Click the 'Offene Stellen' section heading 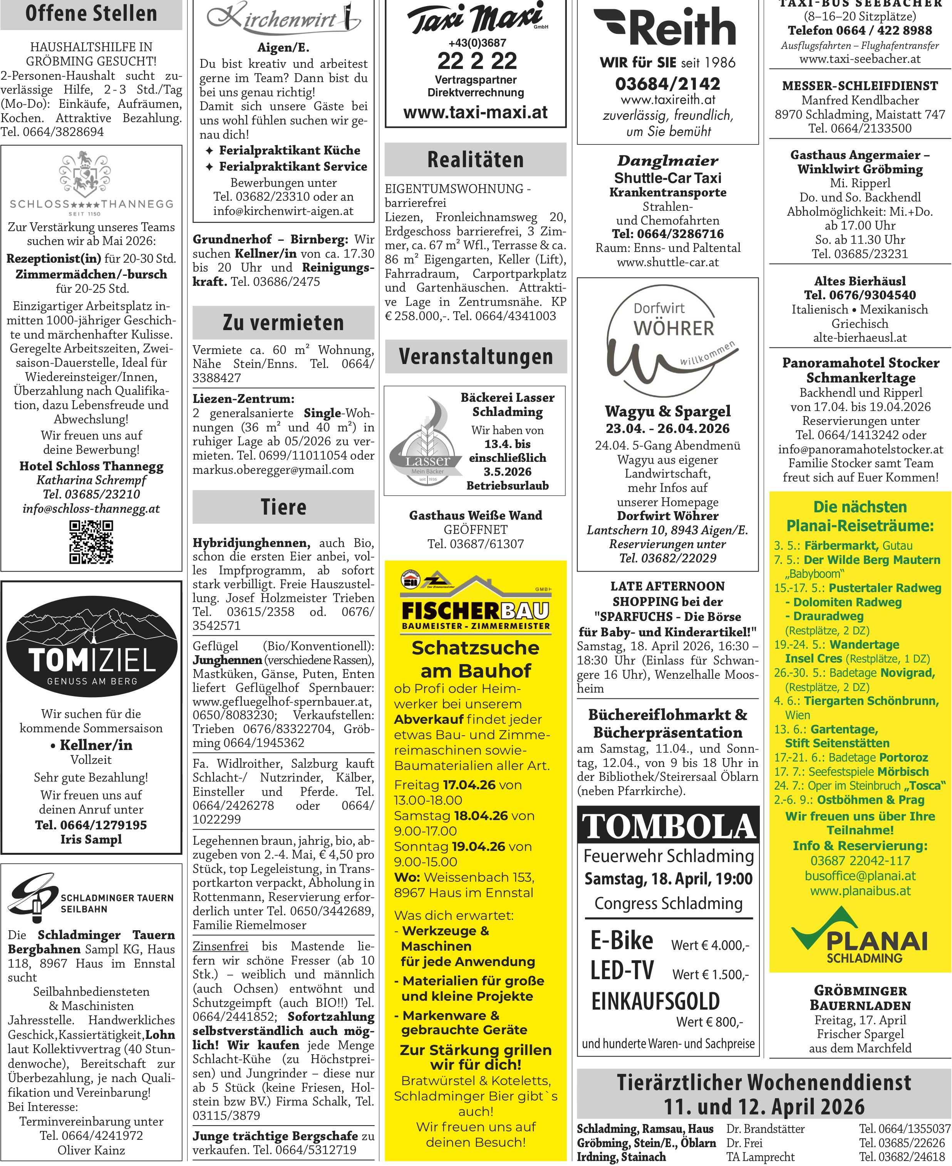point(91,14)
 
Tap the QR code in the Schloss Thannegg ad point(91,542)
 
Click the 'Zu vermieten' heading point(283,322)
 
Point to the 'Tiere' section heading point(283,507)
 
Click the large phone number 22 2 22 point(476,61)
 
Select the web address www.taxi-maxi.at point(476,112)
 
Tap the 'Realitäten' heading point(476,159)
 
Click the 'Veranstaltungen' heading point(476,356)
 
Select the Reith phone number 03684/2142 point(667,84)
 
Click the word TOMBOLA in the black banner point(668,827)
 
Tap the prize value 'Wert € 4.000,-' point(710,945)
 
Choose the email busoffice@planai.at point(860,876)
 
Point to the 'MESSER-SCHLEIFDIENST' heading point(860,86)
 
